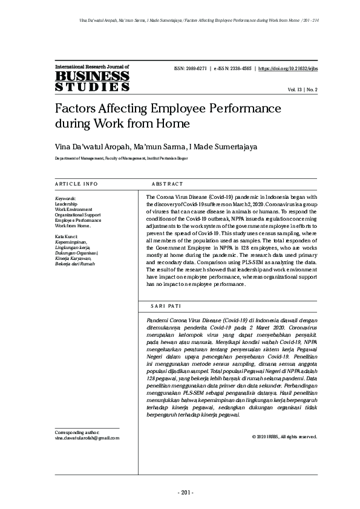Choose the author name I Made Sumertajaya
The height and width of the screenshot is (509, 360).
[205, 146]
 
